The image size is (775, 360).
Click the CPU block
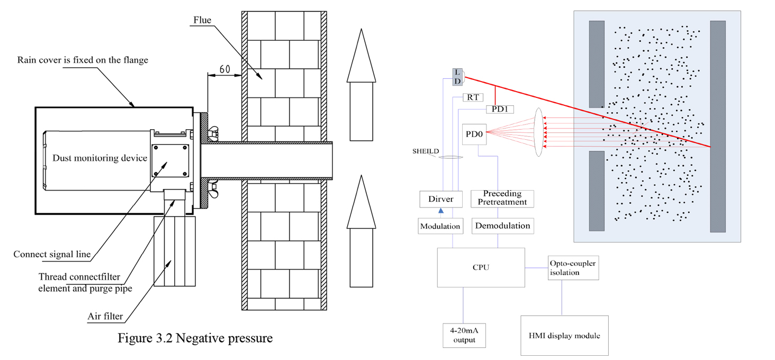click(x=481, y=267)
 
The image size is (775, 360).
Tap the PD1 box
click(x=500, y=109)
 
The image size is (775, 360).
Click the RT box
click(x=472, y=97)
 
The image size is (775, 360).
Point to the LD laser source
click(x=458, y=77)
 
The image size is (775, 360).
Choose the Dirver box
click(x=440, y=199)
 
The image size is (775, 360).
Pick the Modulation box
click(x=440, y=226)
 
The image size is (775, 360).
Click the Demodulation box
click(x=502, y=226)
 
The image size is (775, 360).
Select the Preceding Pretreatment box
click(x=502, y=198)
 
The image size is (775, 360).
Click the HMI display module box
click(x=564, y=336)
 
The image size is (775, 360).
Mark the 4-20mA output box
click(x=464, y=335)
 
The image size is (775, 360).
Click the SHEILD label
click(x=426, y=151)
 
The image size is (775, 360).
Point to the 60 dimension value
click(x=224, y=69)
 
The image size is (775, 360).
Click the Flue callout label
click(x=202, y=20)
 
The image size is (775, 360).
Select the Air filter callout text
click(x=105, y=317)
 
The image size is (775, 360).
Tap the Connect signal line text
click(x=52, y=255)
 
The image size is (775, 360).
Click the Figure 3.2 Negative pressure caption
click(x=195, y=338)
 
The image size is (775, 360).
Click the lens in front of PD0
click(x=539, y=132)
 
